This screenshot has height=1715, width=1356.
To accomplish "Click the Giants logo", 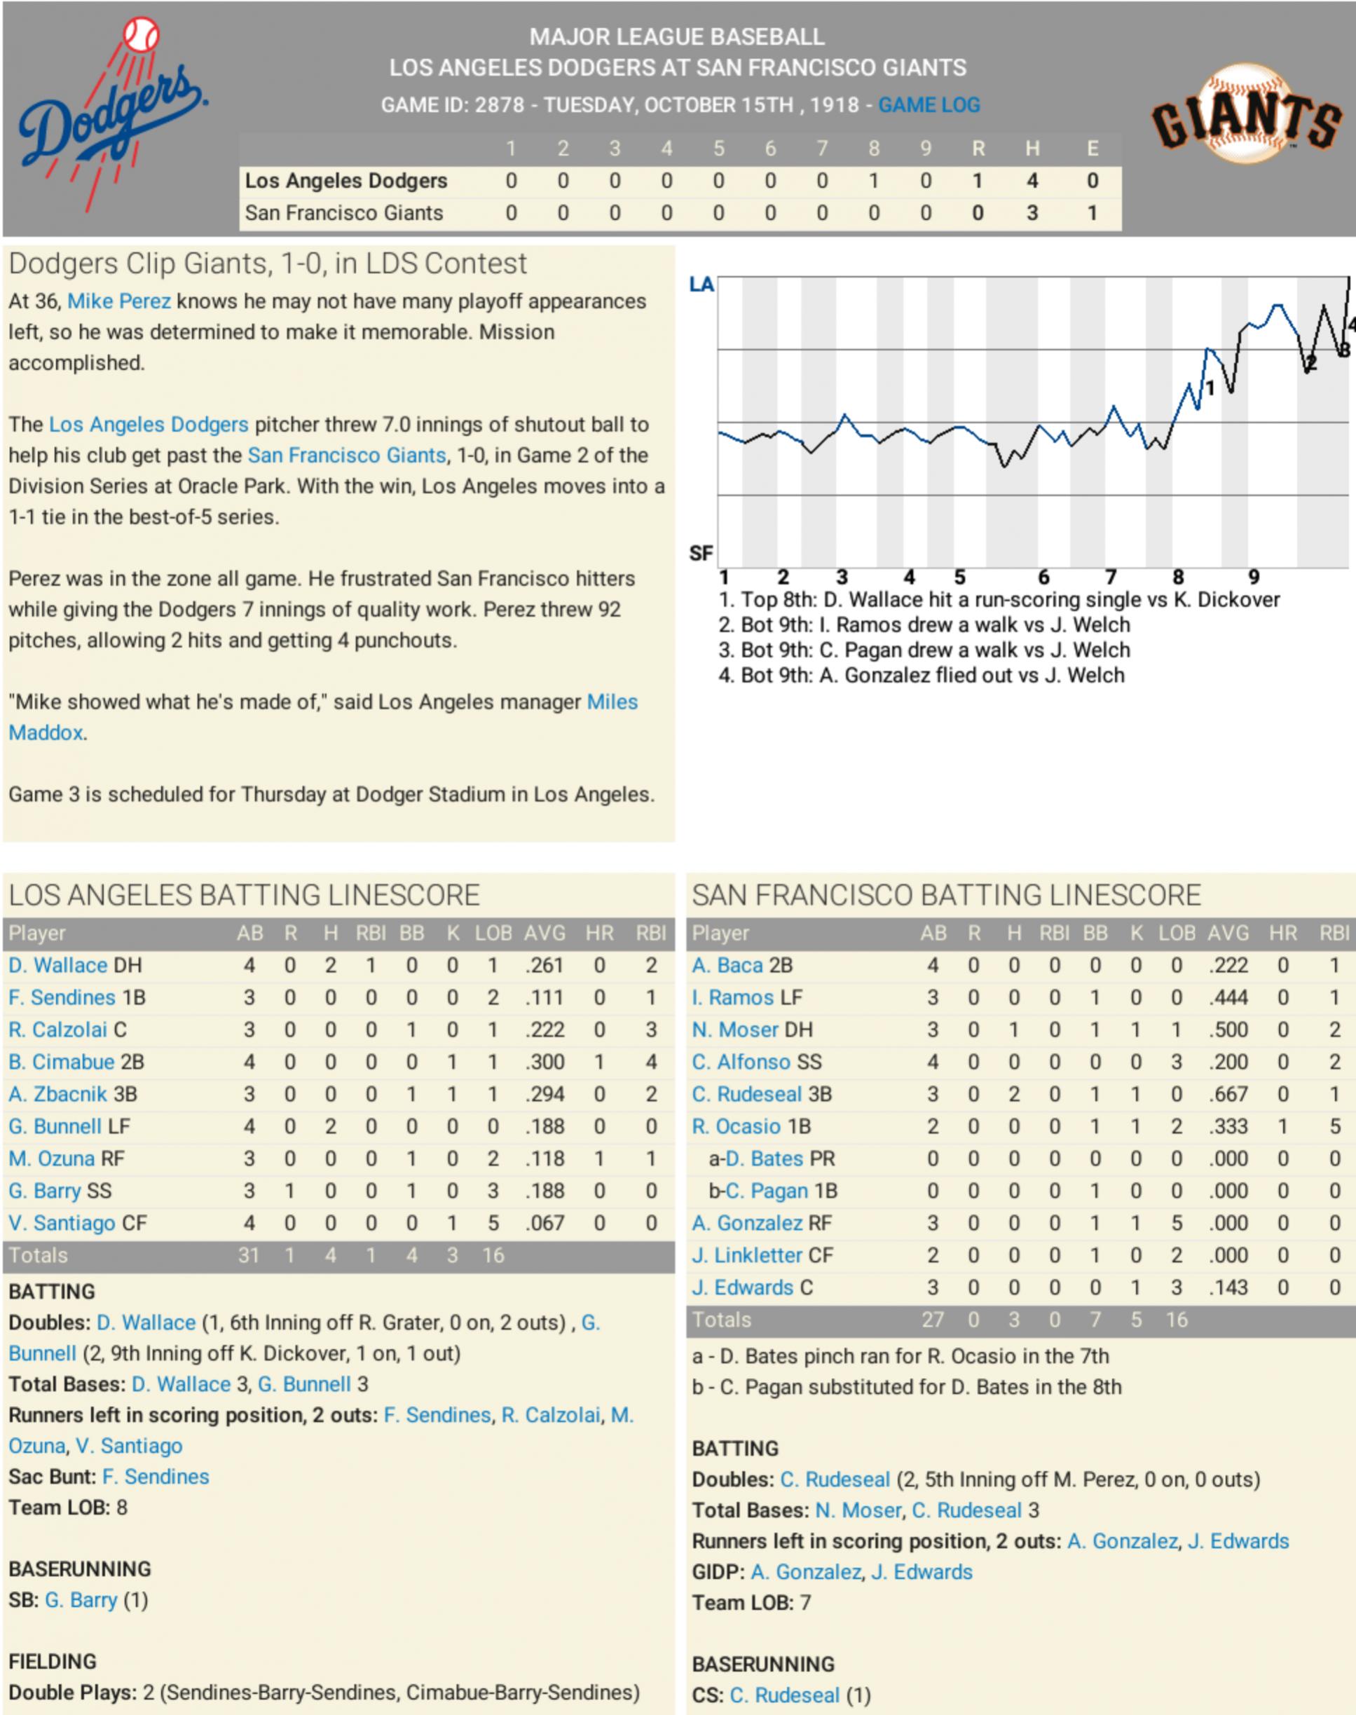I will (1246, 115).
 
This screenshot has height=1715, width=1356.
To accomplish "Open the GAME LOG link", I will (928, 105).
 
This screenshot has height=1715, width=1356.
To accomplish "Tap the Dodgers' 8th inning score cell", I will (873, 181).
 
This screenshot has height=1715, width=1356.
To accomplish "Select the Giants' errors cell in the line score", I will (1092, 213).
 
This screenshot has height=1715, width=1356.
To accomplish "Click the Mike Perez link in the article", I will (119, 301).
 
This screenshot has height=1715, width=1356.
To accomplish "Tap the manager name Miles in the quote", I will (611, 702).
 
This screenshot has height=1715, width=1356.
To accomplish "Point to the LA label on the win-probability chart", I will (701, 285).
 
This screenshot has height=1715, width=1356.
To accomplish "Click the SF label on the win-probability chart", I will (701, 552).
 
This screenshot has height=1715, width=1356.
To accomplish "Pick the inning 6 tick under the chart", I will (1043, 578).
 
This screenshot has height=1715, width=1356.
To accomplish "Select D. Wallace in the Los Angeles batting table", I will (59, 966).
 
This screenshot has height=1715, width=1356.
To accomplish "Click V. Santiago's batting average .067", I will (544, 1223).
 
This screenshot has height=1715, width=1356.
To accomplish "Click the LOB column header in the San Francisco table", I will (1177, 933).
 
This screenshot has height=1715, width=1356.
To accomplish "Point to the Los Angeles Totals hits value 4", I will (330, 1255).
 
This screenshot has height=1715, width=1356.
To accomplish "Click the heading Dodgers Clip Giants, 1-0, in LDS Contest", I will (268, 264).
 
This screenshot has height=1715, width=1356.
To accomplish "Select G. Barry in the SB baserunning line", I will (81, 1600).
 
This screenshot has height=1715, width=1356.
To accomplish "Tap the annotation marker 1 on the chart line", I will (1210, 388).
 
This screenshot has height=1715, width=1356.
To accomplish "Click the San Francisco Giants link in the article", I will (347, 456).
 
